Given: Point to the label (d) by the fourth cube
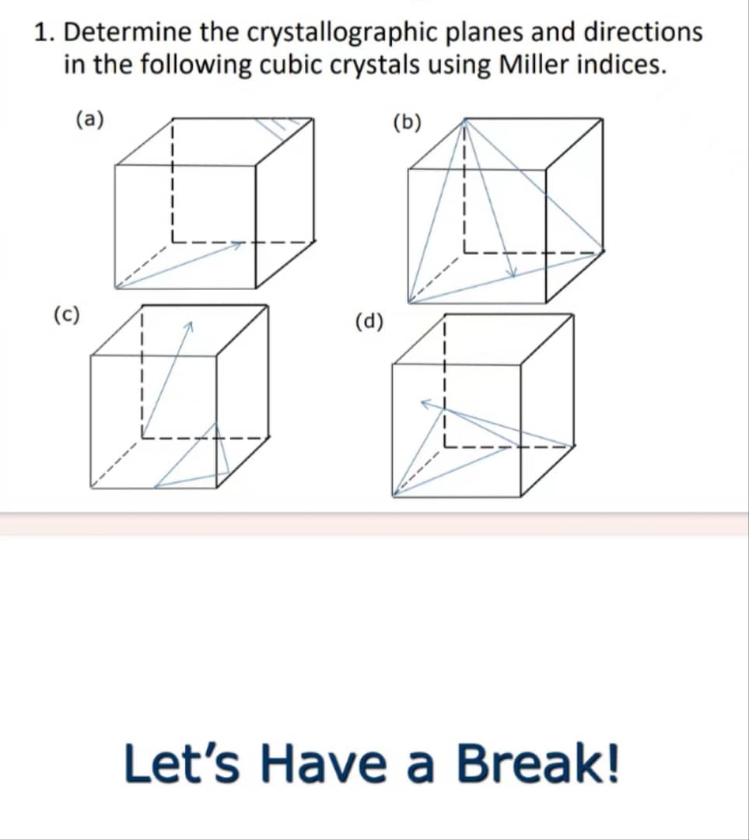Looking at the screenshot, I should click(x=369, y=320).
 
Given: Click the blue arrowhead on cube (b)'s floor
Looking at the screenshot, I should click(x=511, y=272).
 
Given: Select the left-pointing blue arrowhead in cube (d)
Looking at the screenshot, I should click(x=425, y=403).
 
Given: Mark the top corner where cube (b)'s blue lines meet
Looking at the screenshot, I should click(x=465, y=120).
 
